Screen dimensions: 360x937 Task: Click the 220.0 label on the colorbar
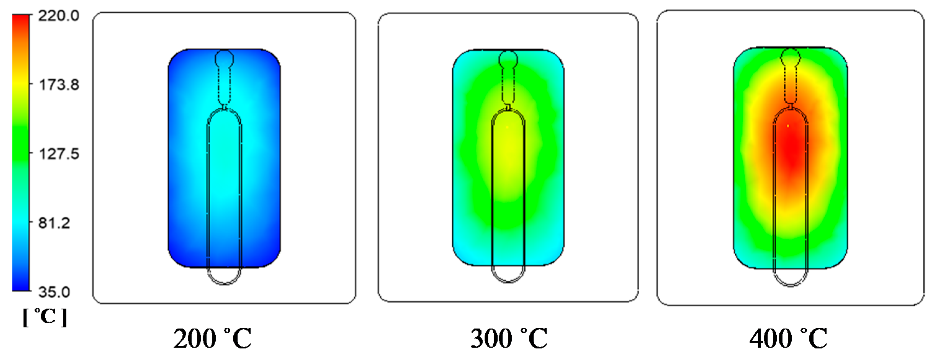59,16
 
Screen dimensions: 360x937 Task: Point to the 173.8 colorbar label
59,85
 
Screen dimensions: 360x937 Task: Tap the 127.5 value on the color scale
59,154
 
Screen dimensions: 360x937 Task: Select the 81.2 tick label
54,223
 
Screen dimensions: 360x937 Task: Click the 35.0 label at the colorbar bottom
54,292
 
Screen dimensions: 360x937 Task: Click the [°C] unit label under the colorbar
45,317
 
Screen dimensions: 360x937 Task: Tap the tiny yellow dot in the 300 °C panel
507,127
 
